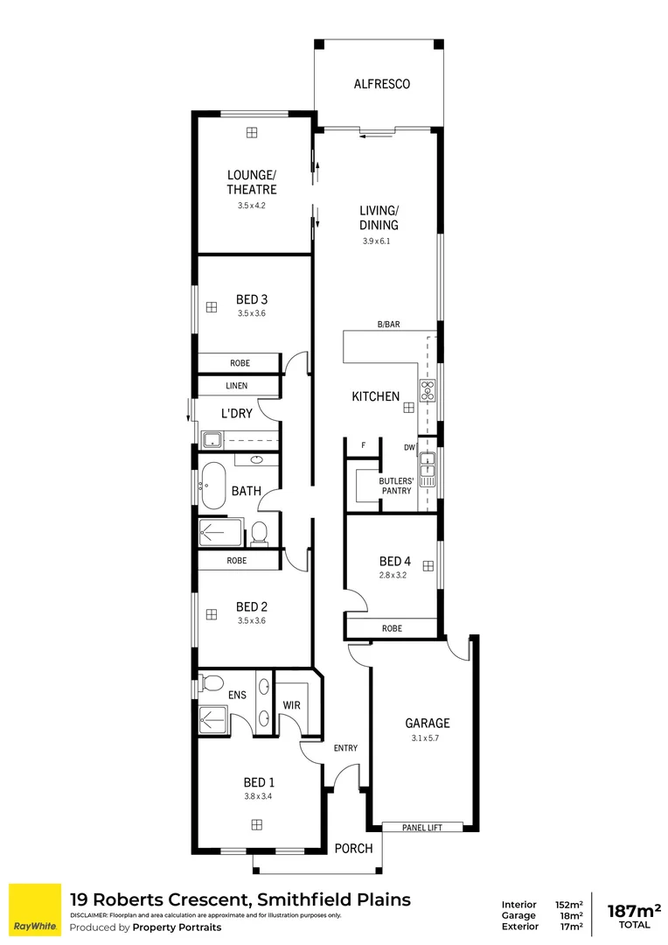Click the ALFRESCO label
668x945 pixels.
pyautogui.click(x=381, y=85)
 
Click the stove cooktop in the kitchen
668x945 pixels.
pyautogui.click(x=428, y=390)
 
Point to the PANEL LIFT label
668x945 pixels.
pyautogui.click(x=425, y=826)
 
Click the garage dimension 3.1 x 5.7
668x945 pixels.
pyautogui.click(x=427, y=738)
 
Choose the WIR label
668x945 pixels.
pyautogui.click(x=292, y=705)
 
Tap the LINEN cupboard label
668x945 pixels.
pyautogui.click(x=237, y=386)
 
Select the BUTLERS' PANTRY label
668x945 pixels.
pyautogui.click(x=395, y=486)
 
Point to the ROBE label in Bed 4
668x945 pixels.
pyautogui.click(x=391, y=628)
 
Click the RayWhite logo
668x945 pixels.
pyautogui.click(x=35, y=910)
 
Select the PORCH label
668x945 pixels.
pyautogui.click(x=354, y=848)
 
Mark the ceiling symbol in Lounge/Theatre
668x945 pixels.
pyautogui.click(x=252, y=132)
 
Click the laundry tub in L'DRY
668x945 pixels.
pyautogui.click(x=212, y=438)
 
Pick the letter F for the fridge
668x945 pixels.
pyautogui.click(x=363, y=445)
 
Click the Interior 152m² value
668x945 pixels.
pyautogui.click(x=568, y=905)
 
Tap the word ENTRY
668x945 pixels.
pyautogui.click(x=345, y=747)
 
